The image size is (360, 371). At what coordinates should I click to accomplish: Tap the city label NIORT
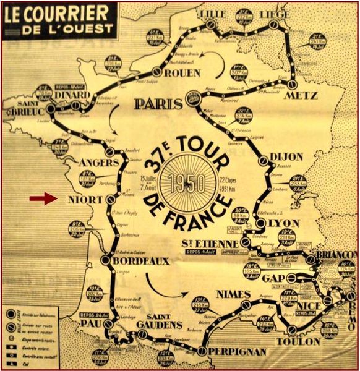point(77,200)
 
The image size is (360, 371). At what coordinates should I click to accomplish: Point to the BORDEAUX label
point(142,262)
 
